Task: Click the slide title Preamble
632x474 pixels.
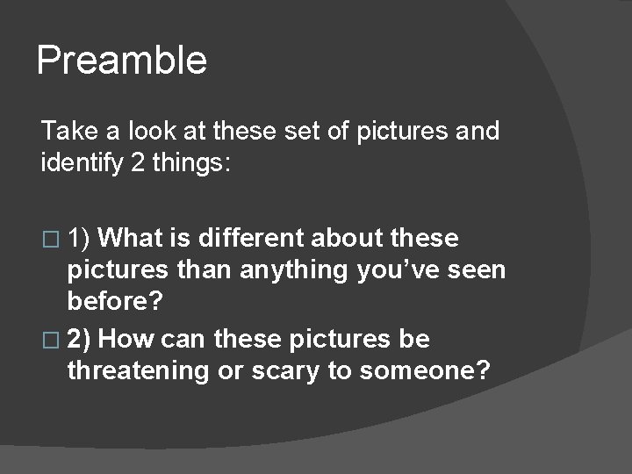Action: pos(122,61)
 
